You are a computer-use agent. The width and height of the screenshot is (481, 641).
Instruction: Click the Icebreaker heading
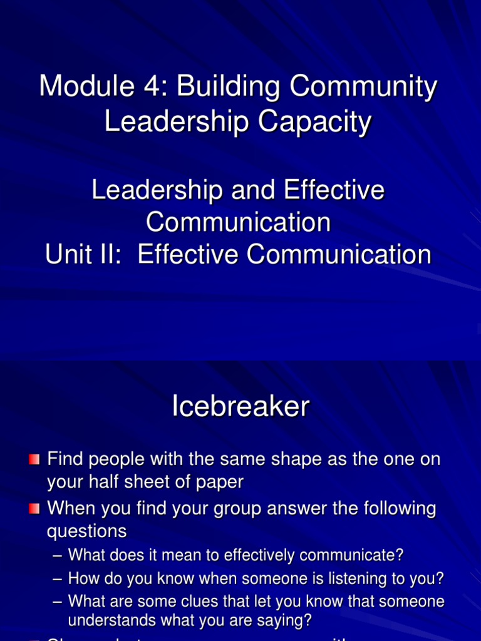point(240,408)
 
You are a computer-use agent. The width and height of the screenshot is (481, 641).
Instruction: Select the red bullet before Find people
point(34,460)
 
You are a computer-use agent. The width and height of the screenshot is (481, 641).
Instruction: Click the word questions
point(87,531)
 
